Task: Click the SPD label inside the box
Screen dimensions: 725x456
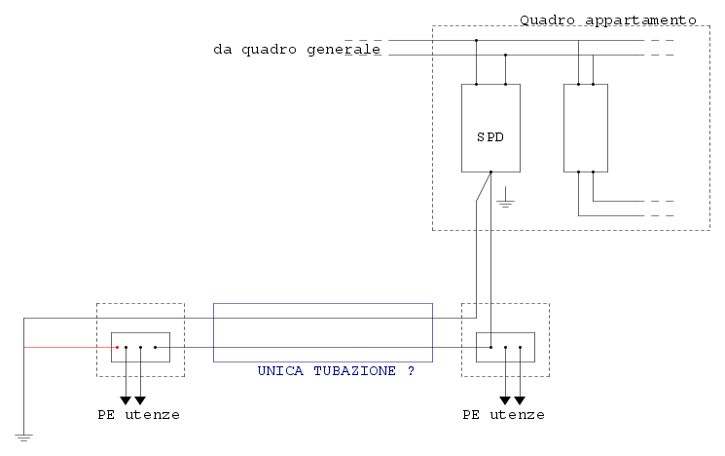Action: point(490,137)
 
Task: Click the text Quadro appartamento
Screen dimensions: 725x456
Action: point(608,20)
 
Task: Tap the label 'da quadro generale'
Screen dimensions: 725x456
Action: point(297,49)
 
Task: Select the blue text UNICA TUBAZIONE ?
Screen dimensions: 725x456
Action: point(336,371)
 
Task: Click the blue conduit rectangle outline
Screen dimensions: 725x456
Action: point(323,304)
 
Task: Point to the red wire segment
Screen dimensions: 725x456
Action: point(70,347)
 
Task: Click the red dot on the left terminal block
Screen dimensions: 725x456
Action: point(118,347)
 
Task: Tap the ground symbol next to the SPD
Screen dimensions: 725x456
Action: point(505,198)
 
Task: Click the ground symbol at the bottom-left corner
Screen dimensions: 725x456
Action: point(23,437)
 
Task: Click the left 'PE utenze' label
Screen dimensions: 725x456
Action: point(139,415)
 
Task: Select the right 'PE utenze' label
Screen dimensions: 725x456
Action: point(503,415)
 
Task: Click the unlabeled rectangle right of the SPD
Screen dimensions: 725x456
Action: point(586,84)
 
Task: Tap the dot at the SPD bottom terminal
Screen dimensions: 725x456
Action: point(491,172)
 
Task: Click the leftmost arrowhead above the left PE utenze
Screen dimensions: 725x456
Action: point(126,400)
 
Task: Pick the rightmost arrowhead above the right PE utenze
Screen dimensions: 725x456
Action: point(521,400)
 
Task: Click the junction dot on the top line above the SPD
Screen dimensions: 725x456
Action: point(476,40)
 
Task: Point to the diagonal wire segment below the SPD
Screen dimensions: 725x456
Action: point(484,186)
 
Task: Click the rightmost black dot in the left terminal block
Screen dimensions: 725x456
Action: point(156,347)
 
